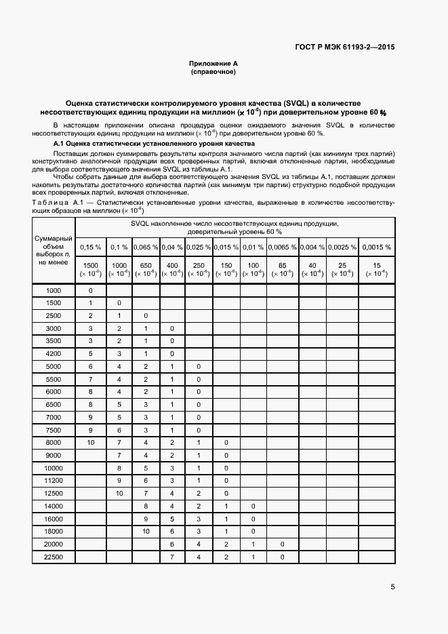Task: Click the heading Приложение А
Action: coord(213,63)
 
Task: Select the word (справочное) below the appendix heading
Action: coord(213,71)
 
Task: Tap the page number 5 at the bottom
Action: coord(393,587)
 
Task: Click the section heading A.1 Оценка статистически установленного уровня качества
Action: coord(154,144)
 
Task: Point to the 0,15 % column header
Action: coord(90,247)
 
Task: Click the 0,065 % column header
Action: coord(145,247)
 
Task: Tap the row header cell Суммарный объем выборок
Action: coord(54,250)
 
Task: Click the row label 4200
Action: coord(54,354)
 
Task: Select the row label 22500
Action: coord(54,557)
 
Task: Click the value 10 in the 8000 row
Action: coord(90,443)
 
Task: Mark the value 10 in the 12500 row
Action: coord(119,494)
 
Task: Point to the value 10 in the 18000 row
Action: coord(145,532)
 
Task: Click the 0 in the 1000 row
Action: coord(90,290)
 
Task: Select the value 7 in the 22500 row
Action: coord(172,557)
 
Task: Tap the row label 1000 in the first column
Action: coord(54,290)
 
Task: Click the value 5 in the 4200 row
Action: coord(90,354)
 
